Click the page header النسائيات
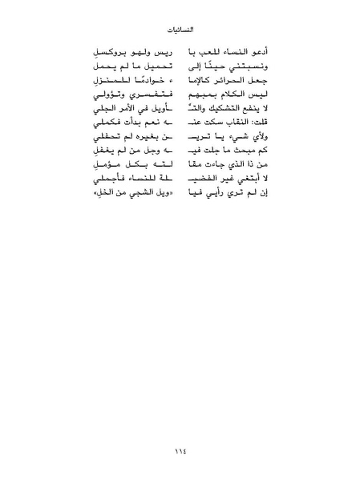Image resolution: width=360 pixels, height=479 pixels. coord(180,33)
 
